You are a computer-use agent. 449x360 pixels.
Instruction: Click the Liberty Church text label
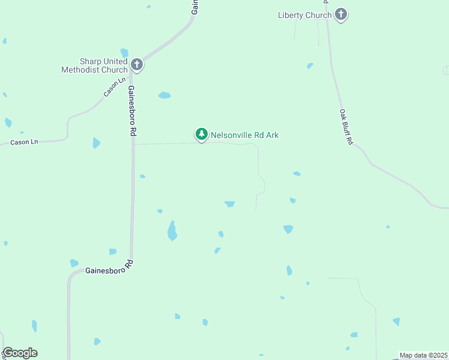click(304, 15)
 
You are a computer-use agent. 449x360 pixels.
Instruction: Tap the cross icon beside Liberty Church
click(341, 14)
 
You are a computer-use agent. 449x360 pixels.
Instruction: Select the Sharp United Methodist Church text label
click(94, 65)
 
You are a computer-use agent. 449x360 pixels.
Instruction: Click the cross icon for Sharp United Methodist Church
click(137, 65)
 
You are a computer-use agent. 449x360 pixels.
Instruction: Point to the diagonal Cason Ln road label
click(115, 86)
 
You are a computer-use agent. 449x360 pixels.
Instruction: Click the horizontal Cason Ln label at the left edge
click(24, 142)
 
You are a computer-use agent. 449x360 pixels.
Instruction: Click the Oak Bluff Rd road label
click(346, 127)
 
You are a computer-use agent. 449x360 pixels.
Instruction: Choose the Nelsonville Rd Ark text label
click(244, 135)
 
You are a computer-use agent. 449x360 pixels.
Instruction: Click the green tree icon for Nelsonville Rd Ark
click(202, 134)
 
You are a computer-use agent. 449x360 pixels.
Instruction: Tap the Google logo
click(20, 353)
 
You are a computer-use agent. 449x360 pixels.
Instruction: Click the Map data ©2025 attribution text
click(423, 355)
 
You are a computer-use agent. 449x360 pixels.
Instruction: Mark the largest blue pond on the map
click(172, 231)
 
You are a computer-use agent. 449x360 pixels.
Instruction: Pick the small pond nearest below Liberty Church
click(310, 65)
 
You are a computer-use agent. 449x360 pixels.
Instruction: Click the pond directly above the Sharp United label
click(124, 52)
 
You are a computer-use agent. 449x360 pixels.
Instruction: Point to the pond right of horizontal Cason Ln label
click(96, 143)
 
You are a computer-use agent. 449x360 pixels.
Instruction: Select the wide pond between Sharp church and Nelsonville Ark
click(164, 95)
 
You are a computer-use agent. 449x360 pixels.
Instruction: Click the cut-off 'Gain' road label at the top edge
click(194, 7)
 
